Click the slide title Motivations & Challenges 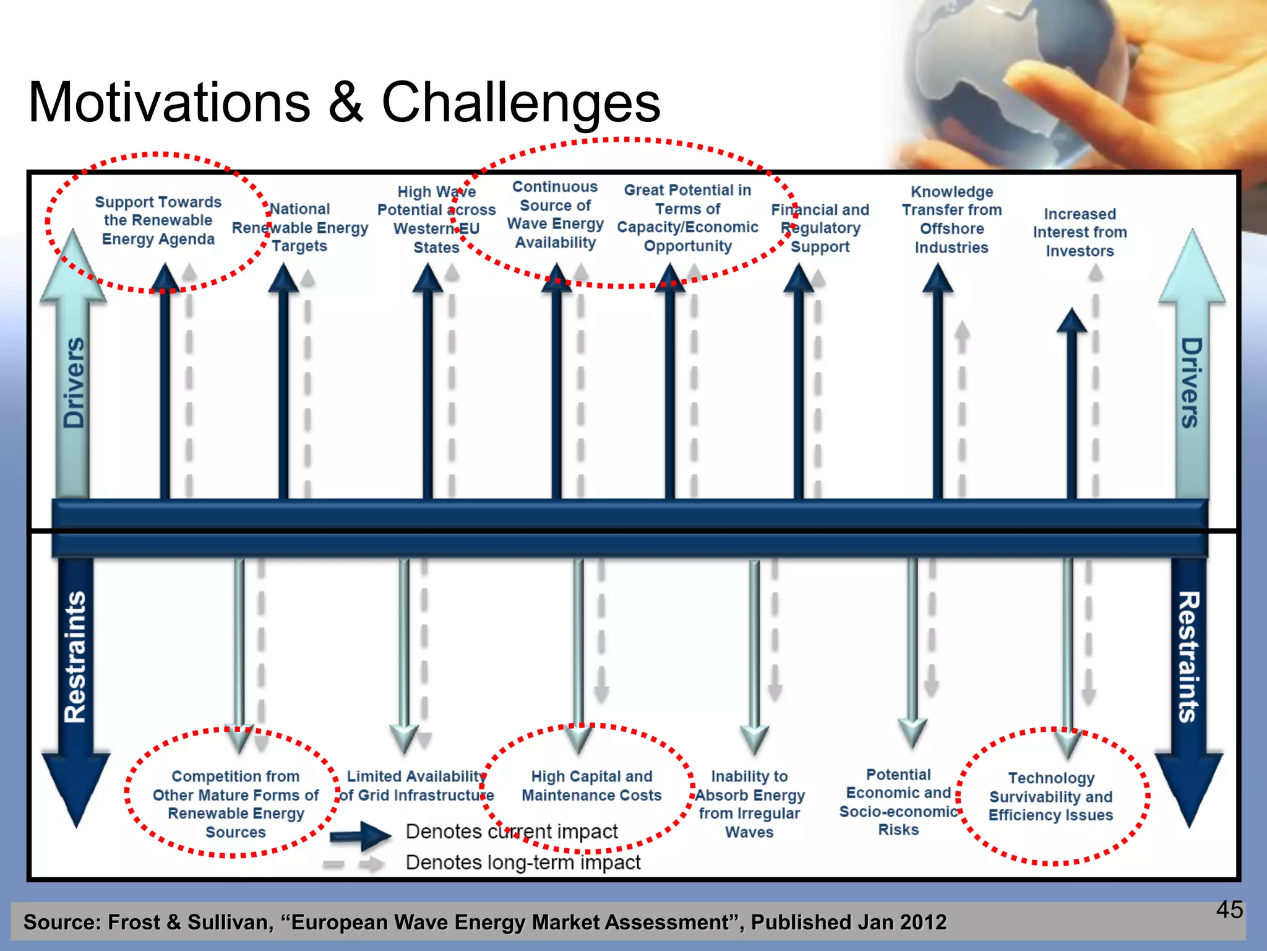(344, 102)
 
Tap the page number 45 (1229, 910)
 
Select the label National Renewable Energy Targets (300, 227)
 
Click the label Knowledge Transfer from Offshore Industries (951, 219)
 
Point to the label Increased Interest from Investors (1080, 232)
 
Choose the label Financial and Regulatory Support (820, 228)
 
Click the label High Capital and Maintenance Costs (591, 786)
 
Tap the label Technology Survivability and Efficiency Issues (1050, 796)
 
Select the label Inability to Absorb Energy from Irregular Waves (749, 804)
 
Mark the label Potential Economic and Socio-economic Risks (898, 802)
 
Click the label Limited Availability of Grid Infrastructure (416, 786)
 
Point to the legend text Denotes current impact (512, 832)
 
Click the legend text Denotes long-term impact (523, 862)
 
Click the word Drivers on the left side (74, 383)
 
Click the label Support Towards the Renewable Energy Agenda (158, 220)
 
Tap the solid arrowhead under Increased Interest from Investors (1072, 321)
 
